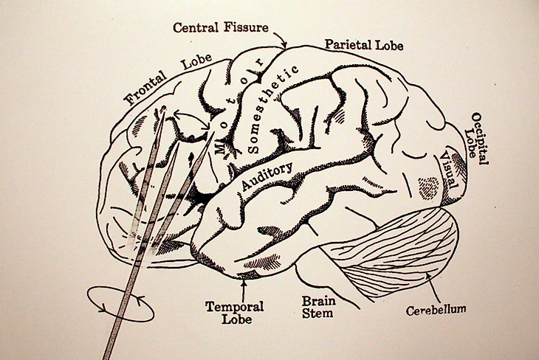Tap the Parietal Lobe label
(364, 45)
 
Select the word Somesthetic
(274, 109)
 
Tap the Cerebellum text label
(436, 309)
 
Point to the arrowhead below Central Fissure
(284, 46)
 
